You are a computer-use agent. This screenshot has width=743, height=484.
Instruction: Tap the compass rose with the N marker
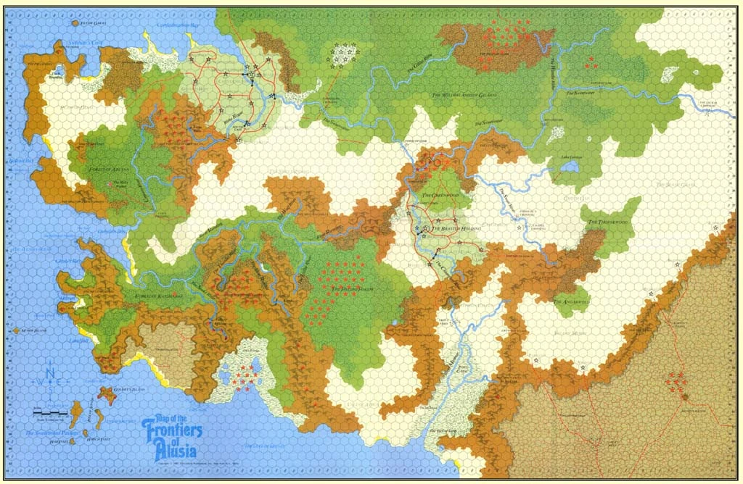49,382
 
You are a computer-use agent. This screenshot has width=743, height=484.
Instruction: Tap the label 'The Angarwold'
572,299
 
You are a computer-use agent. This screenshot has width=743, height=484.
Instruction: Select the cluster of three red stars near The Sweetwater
591,62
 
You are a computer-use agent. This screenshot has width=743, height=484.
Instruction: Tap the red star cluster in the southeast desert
677,380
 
